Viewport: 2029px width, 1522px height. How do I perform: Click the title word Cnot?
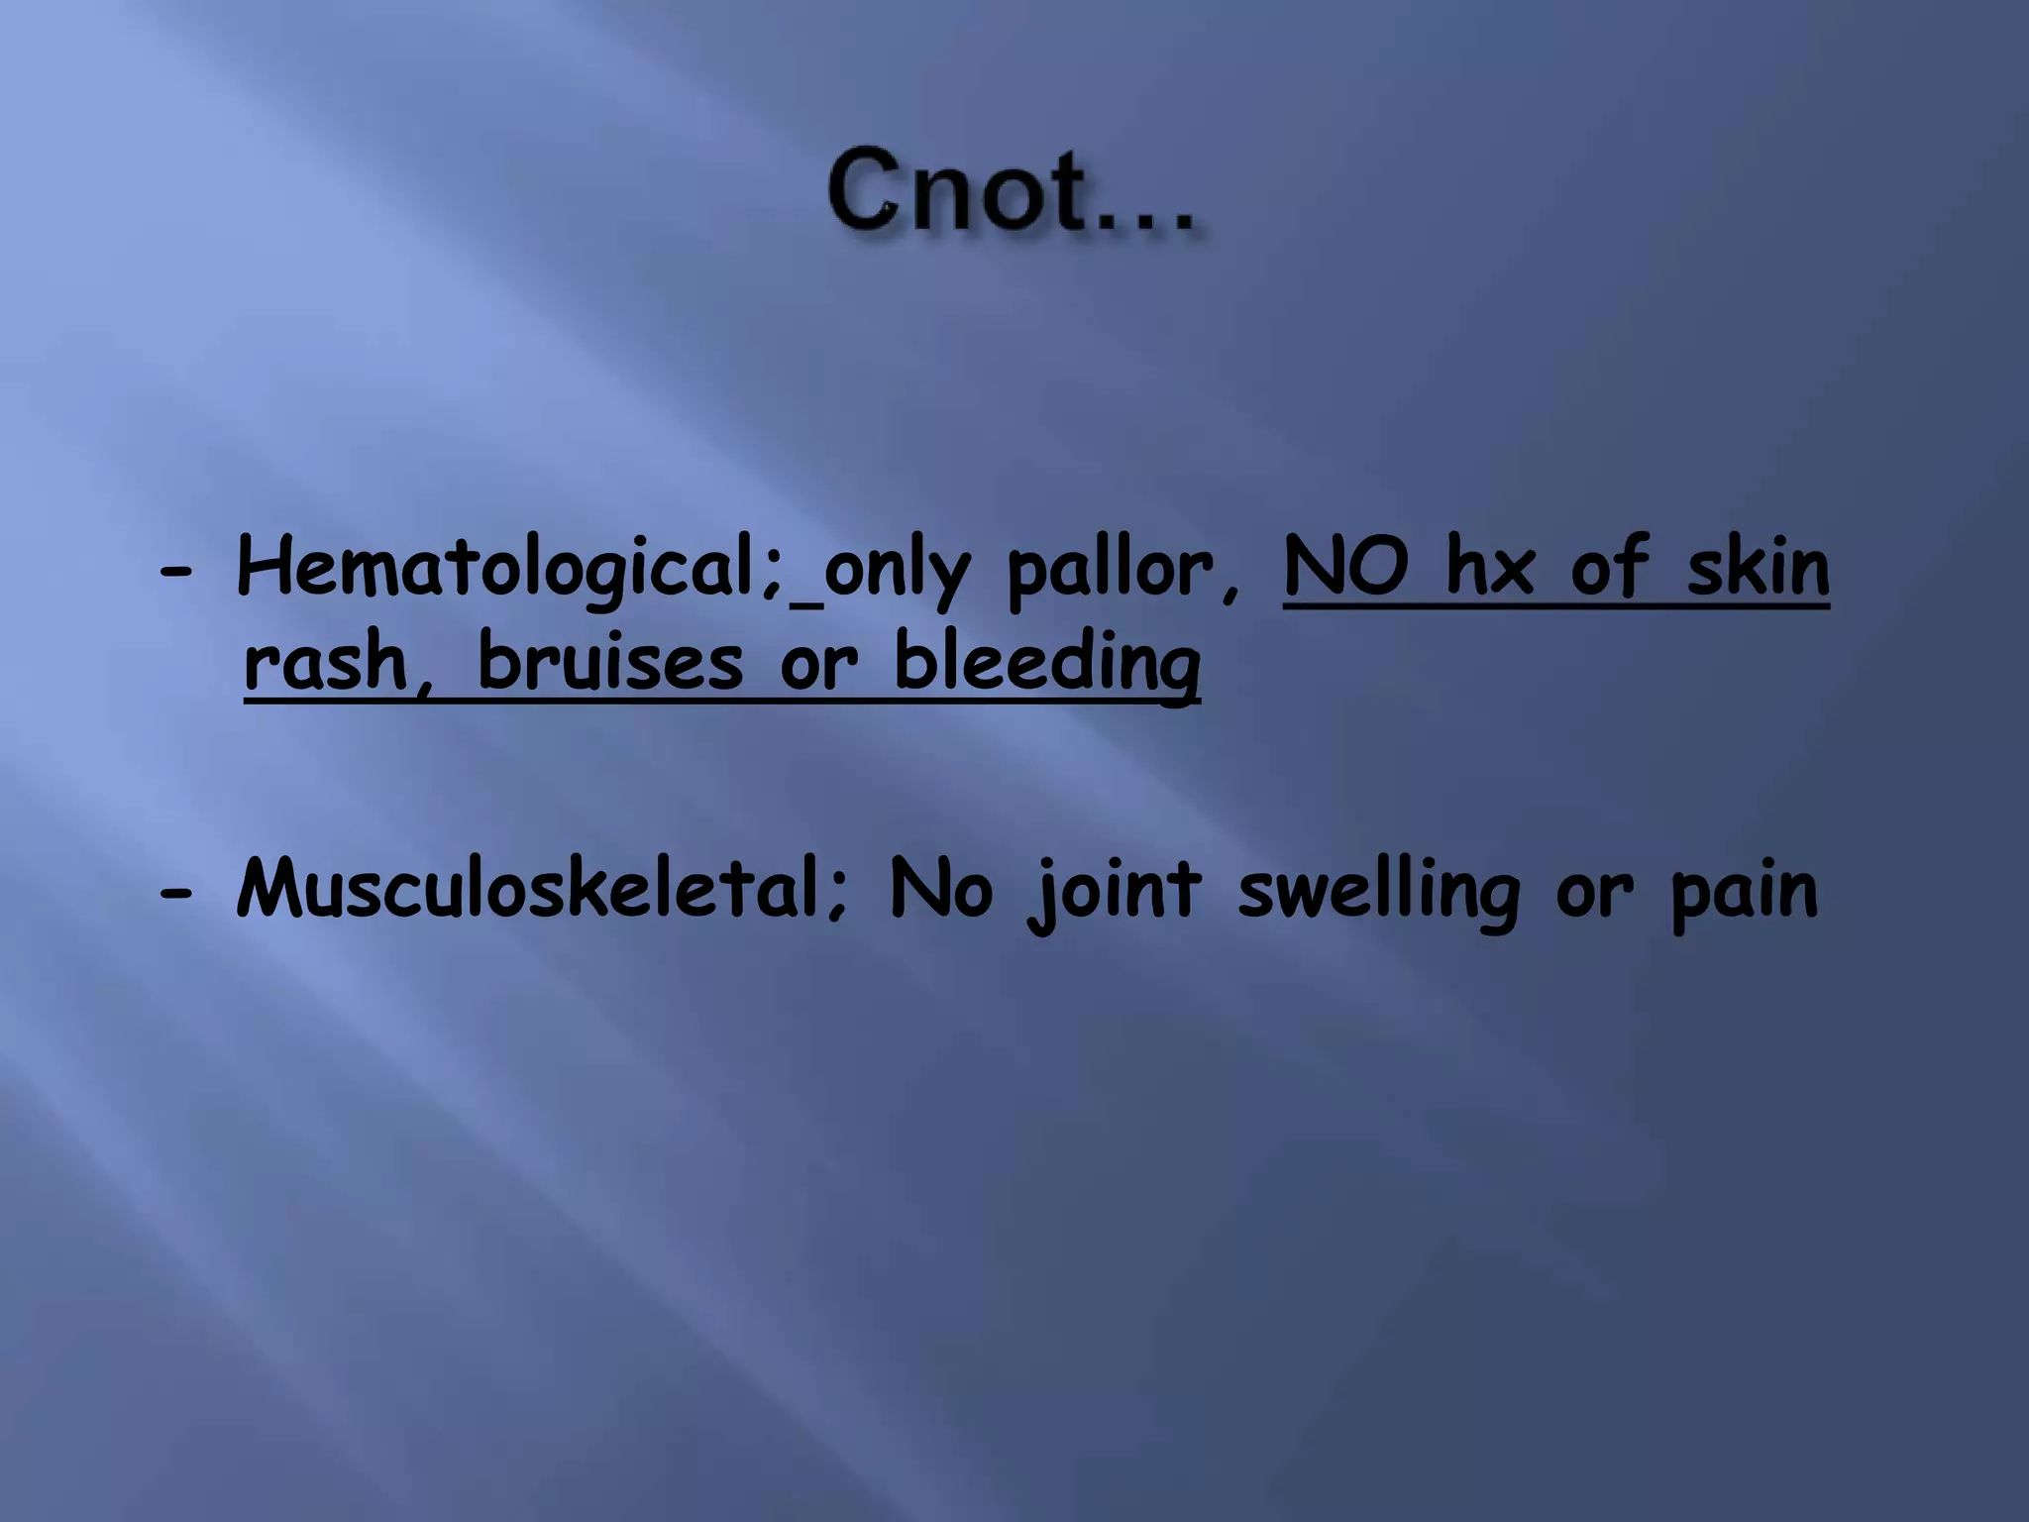(x=950, y=190)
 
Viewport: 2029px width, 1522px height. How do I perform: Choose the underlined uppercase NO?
(x=1345, y=567)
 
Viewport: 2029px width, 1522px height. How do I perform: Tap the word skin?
(x=1758, y=567)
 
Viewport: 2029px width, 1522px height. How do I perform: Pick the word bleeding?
(x=1047, y=664)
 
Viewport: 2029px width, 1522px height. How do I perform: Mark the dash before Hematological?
(x=175, y=573)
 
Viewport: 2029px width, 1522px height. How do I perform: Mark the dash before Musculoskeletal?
(x=175, y=892)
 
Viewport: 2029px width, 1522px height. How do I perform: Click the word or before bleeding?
(x=818, y=664)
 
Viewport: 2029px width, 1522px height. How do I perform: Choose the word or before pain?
(x=1594, y=892)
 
